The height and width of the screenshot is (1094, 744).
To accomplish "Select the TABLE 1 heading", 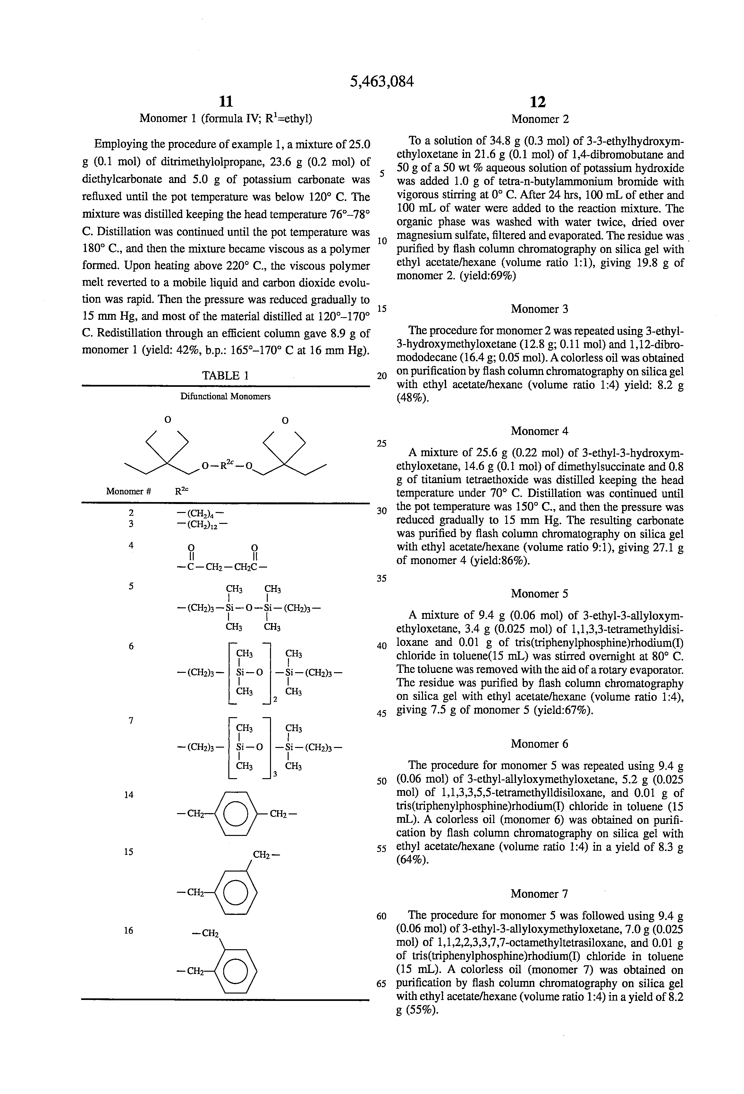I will coord(225,375).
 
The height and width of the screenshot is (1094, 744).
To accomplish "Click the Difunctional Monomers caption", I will coord(225,396).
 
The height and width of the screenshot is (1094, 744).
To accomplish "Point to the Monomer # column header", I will coord(128,491).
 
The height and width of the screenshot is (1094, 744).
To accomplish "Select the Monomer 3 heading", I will coord(539,309).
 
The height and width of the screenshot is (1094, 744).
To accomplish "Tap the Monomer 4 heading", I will coord(539,431).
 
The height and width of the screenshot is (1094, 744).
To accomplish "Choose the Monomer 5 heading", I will coord(539,594).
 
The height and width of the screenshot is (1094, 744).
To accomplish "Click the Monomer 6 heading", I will coord(539,744).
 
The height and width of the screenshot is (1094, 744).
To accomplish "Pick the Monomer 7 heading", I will coord(539,893).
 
